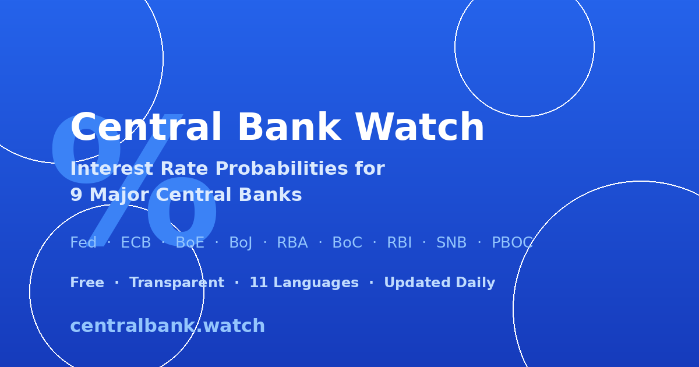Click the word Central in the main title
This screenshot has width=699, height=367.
[146, 127]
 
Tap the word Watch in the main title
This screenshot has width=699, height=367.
[420, 127]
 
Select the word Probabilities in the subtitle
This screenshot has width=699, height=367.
[281, 168]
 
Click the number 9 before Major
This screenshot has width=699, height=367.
[76, 195]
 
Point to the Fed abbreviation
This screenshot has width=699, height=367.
[83, 242]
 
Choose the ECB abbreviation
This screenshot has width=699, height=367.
[136, 242]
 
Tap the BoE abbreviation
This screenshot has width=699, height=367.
[190, 242]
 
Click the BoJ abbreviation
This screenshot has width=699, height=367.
[241, 243]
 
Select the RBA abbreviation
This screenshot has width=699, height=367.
[292, 242]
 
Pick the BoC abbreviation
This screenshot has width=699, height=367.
[347, 242]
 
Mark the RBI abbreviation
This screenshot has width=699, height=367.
[400, 242]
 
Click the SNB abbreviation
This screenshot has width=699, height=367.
[451, 242]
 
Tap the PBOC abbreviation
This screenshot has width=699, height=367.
[513, 242]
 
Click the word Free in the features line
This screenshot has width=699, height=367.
[87, 283]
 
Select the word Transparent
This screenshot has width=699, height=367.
[177, 283]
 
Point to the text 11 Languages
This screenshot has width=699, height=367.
[304, 283]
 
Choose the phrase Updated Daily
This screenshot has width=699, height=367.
[440, 283]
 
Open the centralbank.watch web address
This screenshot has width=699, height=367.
[168, 326]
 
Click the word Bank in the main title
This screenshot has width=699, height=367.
[290, 127]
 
